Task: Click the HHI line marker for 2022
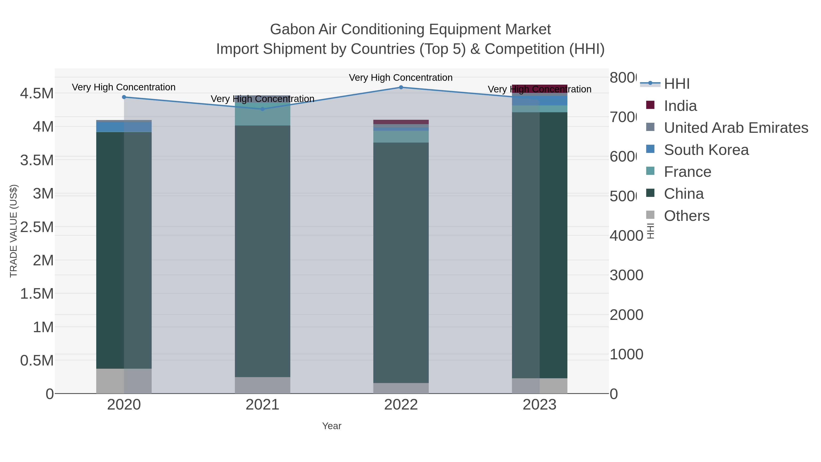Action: [401, 87]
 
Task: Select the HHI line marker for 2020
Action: [124, 97]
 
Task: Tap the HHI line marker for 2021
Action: [263, 109]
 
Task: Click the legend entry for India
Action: [680, 106]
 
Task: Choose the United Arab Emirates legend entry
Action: [735, 128]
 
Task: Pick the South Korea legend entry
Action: [706, 150]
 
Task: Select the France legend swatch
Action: [650, 171]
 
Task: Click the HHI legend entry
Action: [676, 84]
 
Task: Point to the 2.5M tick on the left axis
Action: [37, 227]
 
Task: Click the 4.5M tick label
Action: [37, 93]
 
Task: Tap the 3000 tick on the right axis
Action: [626, 275]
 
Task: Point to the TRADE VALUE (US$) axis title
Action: [13, 231]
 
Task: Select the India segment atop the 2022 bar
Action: [401, 122]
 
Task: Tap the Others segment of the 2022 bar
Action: [401, 388]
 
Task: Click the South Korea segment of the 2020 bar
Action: [124, 127]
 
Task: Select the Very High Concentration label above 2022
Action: [401, 78]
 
